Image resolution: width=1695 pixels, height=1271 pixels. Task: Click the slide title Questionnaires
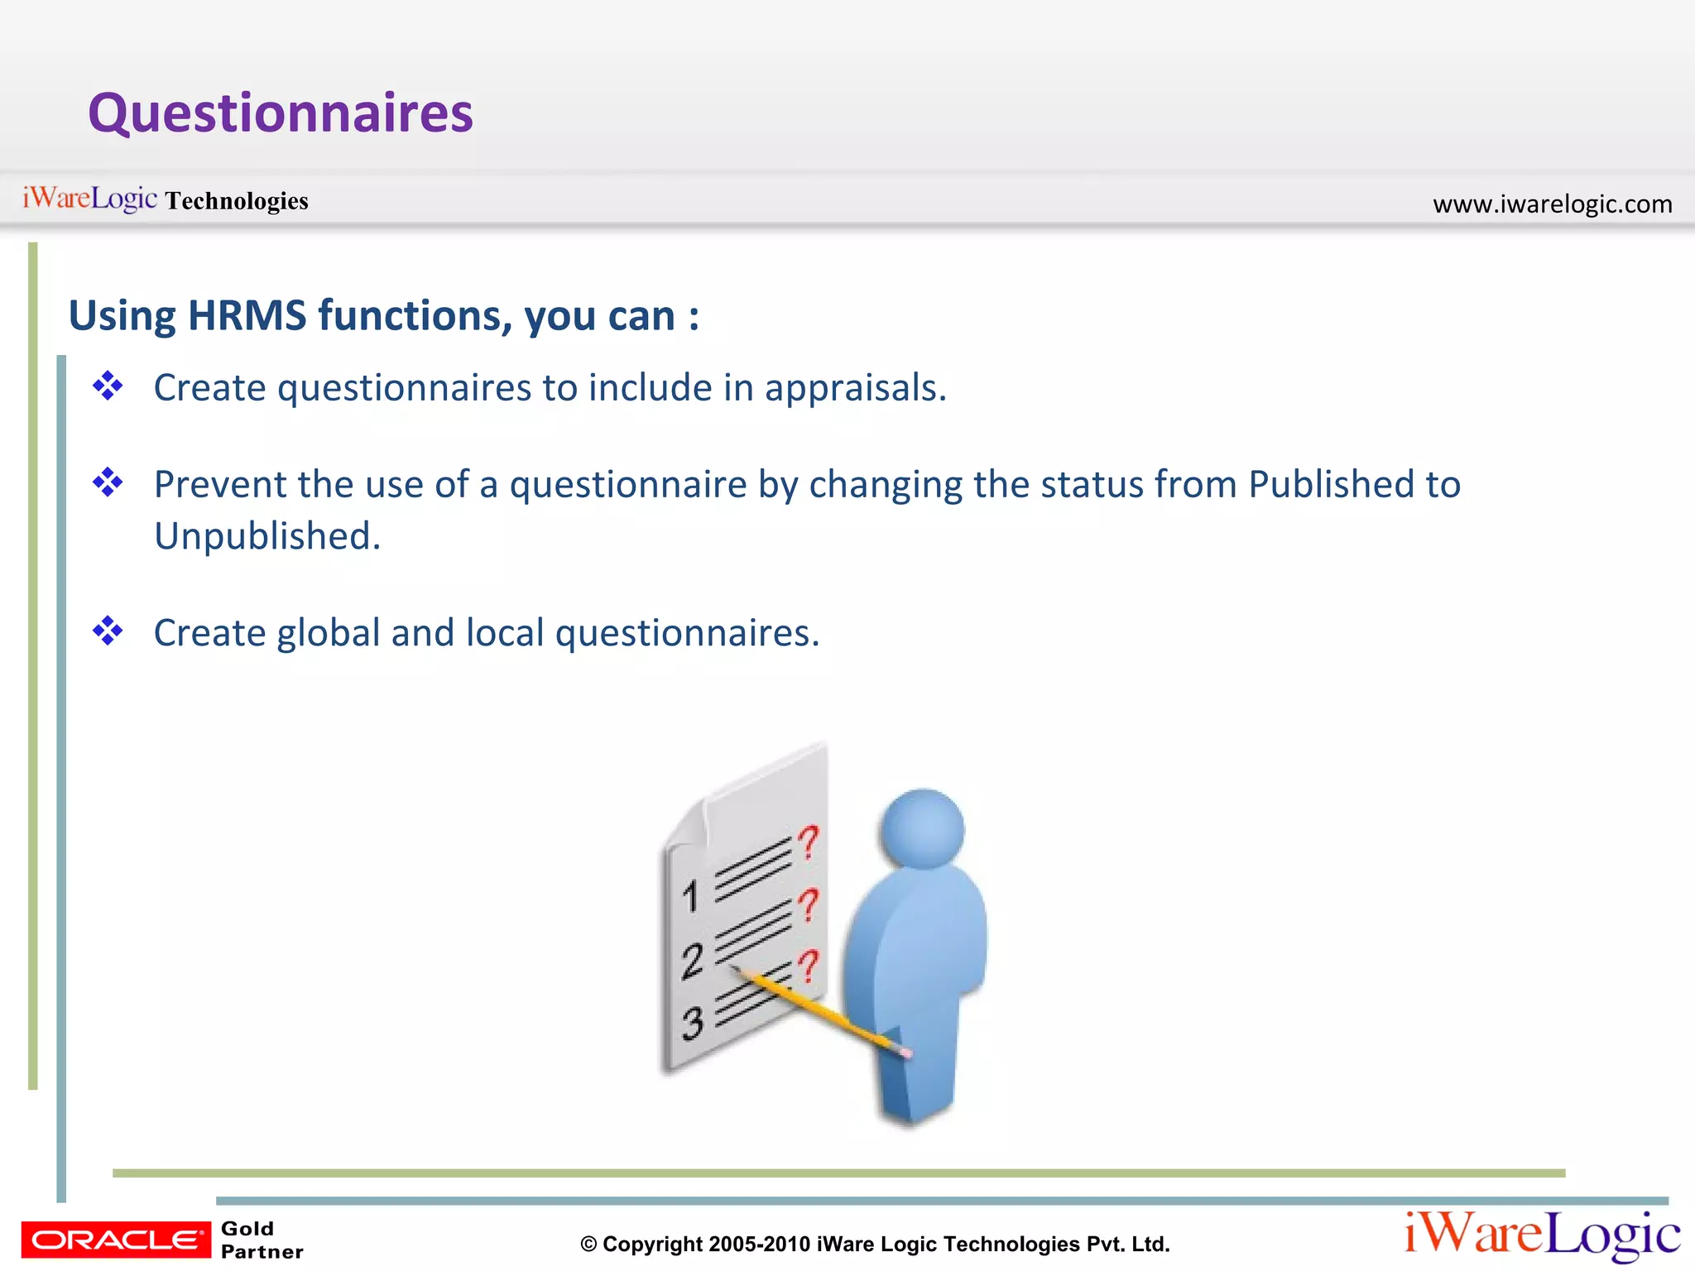coord(281,113)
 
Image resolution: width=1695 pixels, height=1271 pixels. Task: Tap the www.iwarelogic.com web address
coord(1552,204)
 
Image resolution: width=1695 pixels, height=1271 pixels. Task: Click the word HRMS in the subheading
coord(247,316)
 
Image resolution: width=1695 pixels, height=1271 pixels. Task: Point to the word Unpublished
coord(266,536)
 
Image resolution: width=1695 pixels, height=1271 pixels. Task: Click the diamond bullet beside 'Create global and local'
coord(108,631)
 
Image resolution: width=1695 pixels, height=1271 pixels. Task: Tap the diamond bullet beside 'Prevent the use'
coord(108,482)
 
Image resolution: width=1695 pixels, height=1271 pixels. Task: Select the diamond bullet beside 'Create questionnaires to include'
coord(108,386)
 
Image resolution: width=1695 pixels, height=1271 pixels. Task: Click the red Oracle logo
coord(116,1240)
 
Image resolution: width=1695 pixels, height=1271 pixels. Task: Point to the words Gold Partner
coord(262,1240)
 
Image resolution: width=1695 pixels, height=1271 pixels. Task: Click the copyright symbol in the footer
coord(588,1245)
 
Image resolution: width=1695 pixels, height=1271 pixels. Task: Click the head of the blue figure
coord(922,828)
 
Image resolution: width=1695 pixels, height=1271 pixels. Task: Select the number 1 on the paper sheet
coord(691,896)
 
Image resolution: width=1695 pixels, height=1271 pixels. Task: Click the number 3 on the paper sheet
coord(692,1024)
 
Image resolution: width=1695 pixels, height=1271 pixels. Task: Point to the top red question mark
coord(809,842)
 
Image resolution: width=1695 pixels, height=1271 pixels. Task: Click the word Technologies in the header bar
coord(237,201)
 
